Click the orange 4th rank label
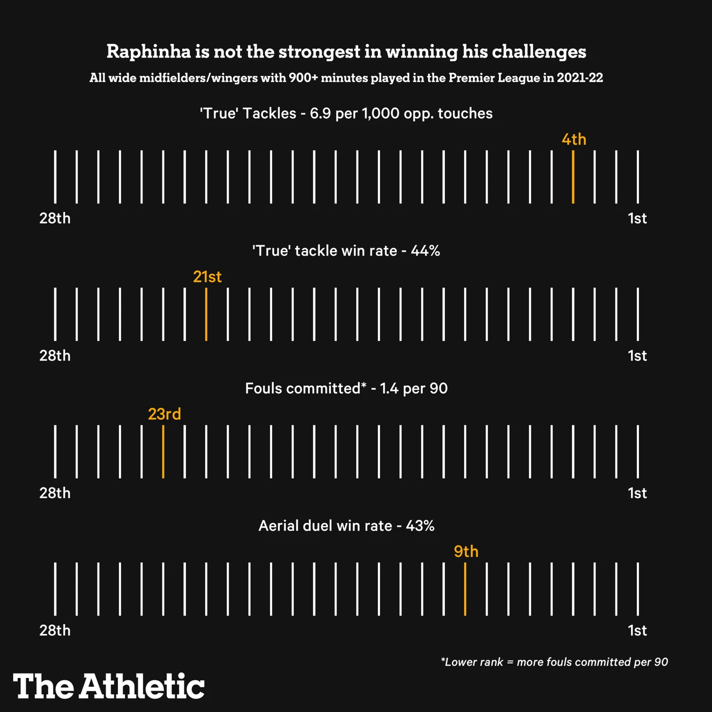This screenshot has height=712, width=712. tap(574, 139)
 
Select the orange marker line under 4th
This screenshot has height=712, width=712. tap(573, 177)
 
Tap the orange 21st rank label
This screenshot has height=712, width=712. tap(207, 277)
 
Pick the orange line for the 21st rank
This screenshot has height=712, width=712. tap(206, 315)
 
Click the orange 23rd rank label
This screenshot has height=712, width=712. tap(164, 414)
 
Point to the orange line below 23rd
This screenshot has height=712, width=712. tap(163, 452)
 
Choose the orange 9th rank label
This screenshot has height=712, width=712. tap(466, 552)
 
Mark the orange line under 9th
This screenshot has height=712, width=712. tap(465, 589)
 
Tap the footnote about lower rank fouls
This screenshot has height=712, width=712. tap(554, 662)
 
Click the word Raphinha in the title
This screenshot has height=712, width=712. tap(149, 51)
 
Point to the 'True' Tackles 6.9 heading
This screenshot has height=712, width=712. tap(346, 114)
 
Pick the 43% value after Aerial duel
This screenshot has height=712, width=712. tap(420, 526)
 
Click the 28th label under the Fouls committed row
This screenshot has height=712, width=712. tap(55, 493)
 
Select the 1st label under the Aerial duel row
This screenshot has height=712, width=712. tap(637, 631)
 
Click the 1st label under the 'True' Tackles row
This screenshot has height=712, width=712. tap(637, 218)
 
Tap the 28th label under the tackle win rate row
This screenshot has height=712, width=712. tap(55, 356)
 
